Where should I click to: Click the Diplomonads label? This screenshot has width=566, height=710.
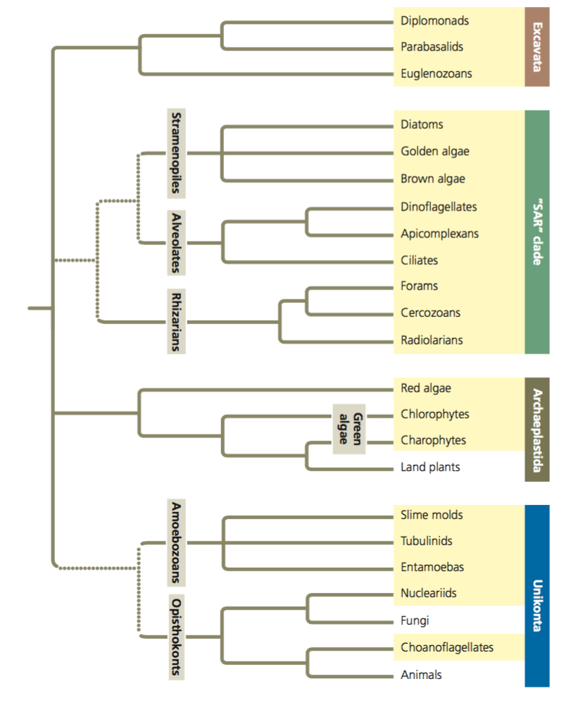coord(434,20)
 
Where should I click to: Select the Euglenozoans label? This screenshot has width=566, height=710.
coord(436,73)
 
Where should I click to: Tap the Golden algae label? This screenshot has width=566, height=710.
coord(435,151)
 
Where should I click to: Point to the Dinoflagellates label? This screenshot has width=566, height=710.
coord(439,206)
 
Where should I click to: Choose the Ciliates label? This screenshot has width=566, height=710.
coord(419,260)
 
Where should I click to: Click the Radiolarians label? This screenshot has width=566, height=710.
coord(432,340)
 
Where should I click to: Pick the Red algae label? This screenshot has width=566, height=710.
coord(426,387)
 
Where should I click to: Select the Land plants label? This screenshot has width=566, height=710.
coord(430,466)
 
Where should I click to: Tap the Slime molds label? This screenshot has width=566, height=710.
coord(432,515)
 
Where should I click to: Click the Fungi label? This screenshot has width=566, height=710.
coord(415,621)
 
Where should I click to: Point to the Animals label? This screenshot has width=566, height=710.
coord(421,674)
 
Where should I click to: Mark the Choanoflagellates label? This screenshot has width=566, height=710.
coord(447,647)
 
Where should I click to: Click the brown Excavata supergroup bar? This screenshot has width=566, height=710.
coord(537,46)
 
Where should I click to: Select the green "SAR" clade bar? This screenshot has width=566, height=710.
coord(537,232)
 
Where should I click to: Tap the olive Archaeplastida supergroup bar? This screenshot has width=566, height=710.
coord(537,430)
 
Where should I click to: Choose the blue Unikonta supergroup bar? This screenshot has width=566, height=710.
coord(537,595)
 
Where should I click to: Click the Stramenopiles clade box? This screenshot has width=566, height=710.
coord(176,152)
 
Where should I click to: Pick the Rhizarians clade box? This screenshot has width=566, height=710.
coord(176,321)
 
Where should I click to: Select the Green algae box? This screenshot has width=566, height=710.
coord(350,428)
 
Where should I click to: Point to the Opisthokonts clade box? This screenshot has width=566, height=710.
coord(176,636)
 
